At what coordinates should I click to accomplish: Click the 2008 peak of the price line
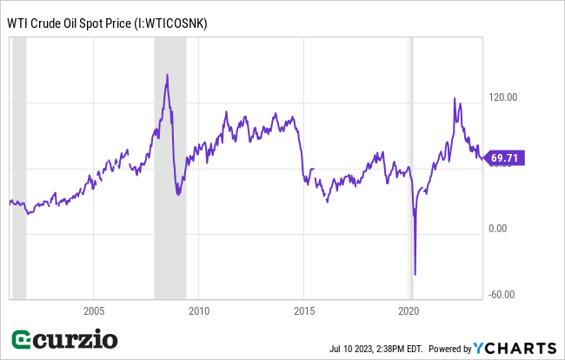[167, 75]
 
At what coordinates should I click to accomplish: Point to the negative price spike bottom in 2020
[415, 274]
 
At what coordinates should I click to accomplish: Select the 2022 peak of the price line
[455, 99]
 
